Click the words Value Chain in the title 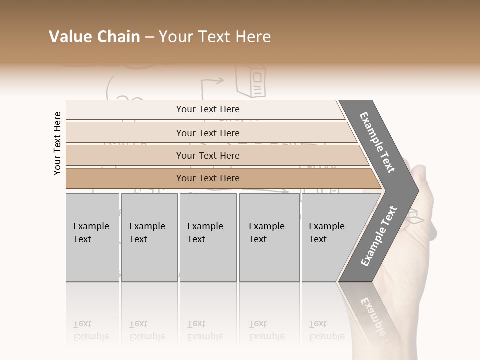coord(94,37)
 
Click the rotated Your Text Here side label coord(57,143)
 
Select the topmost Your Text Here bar coord(207,109)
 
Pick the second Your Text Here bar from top coord(207,133)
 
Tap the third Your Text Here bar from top coord(207,155)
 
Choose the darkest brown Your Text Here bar coord(207,178)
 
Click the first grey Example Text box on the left coord(92,237)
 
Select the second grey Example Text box coord(149,237)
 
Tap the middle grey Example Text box coord(208,237)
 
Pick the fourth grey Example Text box coord(269,237)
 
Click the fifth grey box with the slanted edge coord(330,237)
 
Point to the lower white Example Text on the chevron coord(378,236)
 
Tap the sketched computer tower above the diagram coord(251,82)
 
